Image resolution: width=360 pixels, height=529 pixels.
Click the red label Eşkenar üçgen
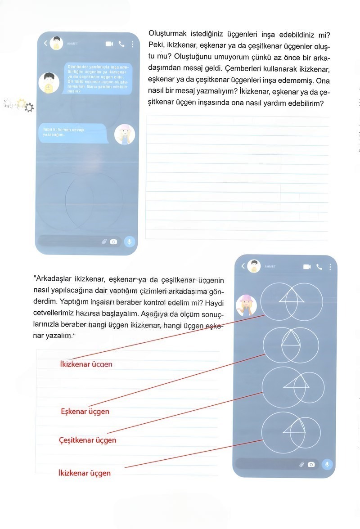[x=85, y=411]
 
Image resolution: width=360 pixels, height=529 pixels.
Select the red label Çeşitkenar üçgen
[x=87, y=440]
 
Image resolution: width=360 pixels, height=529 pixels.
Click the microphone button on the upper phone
[x=129, y=242]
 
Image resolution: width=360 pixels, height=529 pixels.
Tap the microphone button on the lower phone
[x=328, y=464]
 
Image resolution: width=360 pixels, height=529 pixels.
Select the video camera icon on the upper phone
[x=109, y=44]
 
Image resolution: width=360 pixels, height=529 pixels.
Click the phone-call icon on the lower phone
[x=319, y=267]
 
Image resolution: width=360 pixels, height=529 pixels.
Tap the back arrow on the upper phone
[x=45, y=43]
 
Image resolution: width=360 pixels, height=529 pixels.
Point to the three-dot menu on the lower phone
[x=330, y=267]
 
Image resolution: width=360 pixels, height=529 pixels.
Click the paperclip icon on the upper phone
[x=104, y=242]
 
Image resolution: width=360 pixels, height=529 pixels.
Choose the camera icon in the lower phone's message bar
[x=311, y=465]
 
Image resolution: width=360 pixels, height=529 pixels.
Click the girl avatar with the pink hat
[x=246, y=305]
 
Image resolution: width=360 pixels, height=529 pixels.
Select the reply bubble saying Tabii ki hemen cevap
[x=72, y=132]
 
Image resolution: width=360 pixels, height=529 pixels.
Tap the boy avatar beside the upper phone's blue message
[x=49, y=82]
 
